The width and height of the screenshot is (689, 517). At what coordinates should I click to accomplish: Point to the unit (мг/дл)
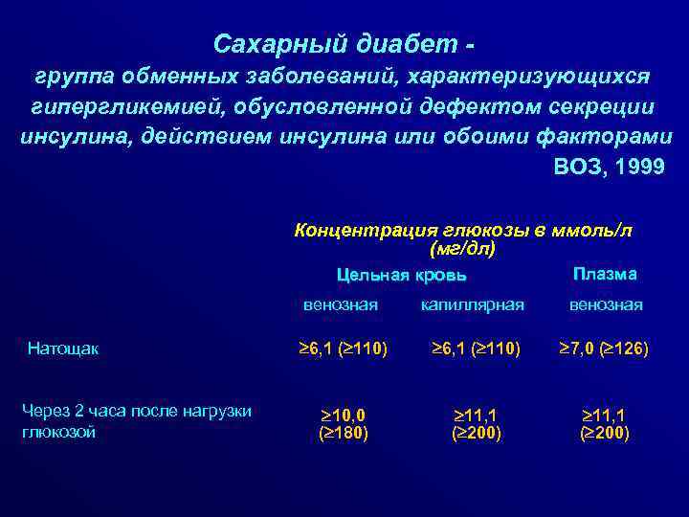tap(462, 249)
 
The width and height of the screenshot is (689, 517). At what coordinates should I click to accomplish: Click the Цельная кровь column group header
tap(402, 276)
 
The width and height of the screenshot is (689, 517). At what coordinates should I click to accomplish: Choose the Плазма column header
tap(605, 274)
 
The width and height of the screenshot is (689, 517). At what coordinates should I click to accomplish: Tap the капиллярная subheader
tap(473, 304)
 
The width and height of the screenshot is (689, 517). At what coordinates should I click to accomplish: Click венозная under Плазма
tap(606, 304)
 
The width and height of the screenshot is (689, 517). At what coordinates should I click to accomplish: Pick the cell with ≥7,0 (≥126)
tap(604, 349)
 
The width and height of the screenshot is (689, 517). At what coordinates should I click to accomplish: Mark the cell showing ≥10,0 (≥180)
tap(343, 423)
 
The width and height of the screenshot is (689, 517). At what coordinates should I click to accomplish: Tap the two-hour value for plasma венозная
tap(606, 423)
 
